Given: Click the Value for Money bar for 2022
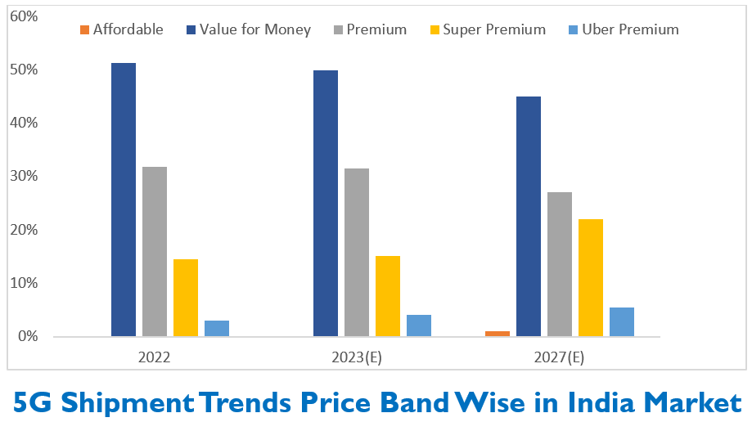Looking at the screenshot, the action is coord(124,200).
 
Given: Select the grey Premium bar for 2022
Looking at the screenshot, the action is coord(155,251).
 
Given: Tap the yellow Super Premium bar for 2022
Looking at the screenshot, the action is coord(186,298).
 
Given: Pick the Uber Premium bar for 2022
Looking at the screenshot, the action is coord(217,328).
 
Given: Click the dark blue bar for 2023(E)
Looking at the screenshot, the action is coord(326,204).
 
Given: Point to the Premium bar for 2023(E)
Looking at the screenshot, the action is coord(357,252).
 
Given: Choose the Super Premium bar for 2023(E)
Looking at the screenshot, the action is coord(388,296).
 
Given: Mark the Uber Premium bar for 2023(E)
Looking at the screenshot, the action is coord(419,325).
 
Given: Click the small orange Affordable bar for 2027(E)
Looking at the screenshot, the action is coord(498,334).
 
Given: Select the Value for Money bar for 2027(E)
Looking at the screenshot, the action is coord(529,216).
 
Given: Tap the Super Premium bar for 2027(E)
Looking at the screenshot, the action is coord(591,278).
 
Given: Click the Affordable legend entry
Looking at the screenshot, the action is coord(122,29).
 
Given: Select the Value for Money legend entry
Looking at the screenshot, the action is coord(249,29).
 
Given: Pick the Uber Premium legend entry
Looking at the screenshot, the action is coord(624,29).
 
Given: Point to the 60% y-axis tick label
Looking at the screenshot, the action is coord(24,16).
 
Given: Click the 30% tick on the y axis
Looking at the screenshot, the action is coord(24,176).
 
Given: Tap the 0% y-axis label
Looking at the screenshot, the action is coord(28,336).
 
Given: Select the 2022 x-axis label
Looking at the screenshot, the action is coord(154,357).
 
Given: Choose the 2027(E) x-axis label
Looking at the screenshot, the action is coord(559,357).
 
